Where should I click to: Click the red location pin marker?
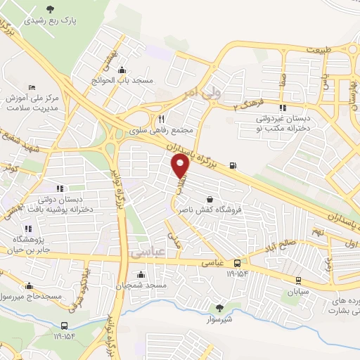(181, 166)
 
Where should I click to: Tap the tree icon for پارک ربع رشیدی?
(50, 9)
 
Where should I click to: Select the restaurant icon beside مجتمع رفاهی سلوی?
(162, 119)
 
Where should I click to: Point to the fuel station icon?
(233, 167)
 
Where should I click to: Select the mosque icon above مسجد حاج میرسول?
(29, 286)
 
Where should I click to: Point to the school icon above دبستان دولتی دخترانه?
(59, 188)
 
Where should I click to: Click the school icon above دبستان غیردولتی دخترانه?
(282, 108)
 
